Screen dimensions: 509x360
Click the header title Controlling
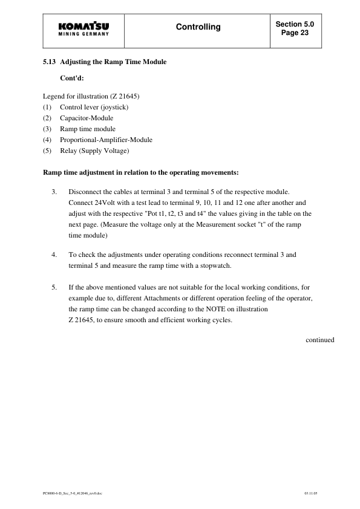(x=198, y=27)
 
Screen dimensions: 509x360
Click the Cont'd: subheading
(x=72, y=79)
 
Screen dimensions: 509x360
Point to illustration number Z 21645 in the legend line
(x=126, y=96)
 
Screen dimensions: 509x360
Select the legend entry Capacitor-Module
(x=87, y=118)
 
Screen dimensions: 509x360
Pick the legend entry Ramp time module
(x=88, y=129)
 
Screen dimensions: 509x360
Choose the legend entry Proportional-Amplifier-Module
(x=106, y=140)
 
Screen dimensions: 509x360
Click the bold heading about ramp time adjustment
(x=141, y=172)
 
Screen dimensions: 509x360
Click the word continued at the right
(x=319, y=340)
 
